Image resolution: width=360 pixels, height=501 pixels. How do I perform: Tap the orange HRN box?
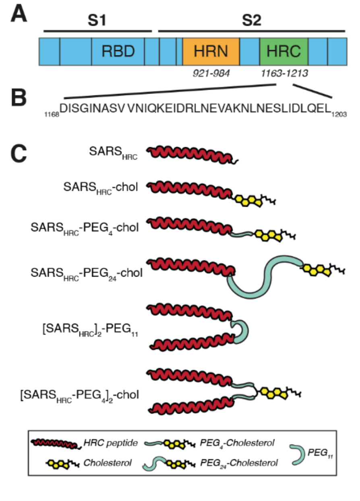click(211, 51)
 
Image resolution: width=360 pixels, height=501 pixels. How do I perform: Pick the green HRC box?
click(284, 51)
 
